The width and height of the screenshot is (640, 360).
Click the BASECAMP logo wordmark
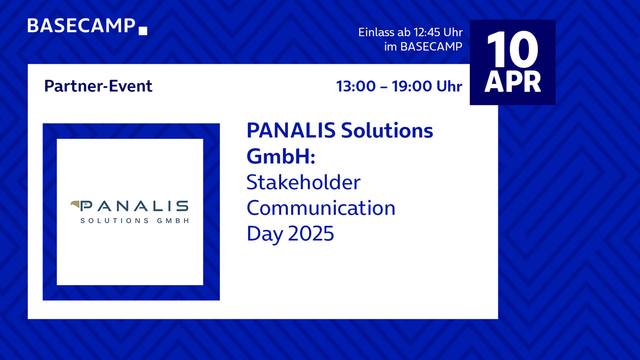[x=81, y=25]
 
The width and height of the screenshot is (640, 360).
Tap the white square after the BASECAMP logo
[x=143, y=31]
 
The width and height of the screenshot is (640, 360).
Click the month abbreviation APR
[x=512, y=81]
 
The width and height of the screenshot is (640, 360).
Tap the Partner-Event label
[x=98, y=86]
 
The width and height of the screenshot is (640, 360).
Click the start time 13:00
[x=355, y=86]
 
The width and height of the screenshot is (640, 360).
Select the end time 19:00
[x=411, y=86]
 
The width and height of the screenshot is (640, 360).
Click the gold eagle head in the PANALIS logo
[x=75, y=205]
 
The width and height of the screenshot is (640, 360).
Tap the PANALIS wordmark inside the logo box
[x=134, y=205]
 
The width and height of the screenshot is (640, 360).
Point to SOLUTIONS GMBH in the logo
[x=134, y=220]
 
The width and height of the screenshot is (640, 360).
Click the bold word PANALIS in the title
[x=291, y=130]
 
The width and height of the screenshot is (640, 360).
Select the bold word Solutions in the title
[x=387, y=130]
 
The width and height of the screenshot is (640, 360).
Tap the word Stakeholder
[x=303, y=182]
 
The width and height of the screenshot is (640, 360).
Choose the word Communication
[x=321, y=208]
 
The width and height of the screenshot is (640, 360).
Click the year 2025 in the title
[x=311, y=233]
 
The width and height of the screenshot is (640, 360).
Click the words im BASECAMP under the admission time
[x=423, y=46]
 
